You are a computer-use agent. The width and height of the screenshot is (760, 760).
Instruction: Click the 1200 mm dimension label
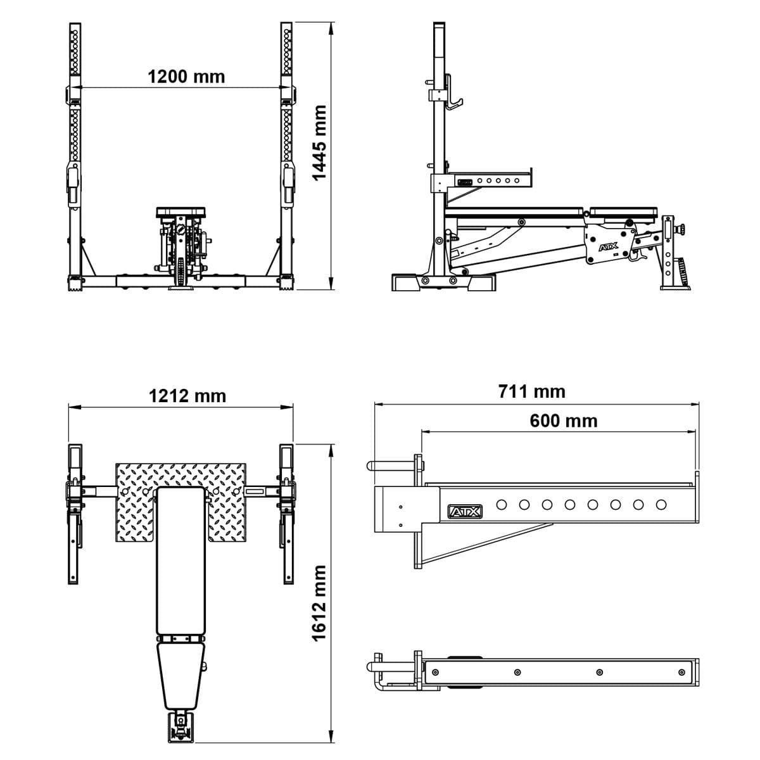point(186,77)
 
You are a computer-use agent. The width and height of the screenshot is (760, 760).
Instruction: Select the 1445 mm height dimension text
point(321,142)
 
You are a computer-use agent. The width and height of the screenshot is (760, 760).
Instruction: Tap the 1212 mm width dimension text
point(187,396)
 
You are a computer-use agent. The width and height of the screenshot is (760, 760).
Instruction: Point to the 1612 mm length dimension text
point(321,603)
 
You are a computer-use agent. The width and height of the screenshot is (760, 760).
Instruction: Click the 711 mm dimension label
point(531,391)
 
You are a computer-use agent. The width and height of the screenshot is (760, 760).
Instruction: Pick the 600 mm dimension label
point(563,421)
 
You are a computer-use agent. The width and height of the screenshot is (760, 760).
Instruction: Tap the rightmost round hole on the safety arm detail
point(661,505)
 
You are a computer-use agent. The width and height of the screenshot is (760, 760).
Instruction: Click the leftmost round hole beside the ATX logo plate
point(502,505)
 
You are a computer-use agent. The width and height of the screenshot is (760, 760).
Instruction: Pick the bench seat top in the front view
point(180,212)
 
